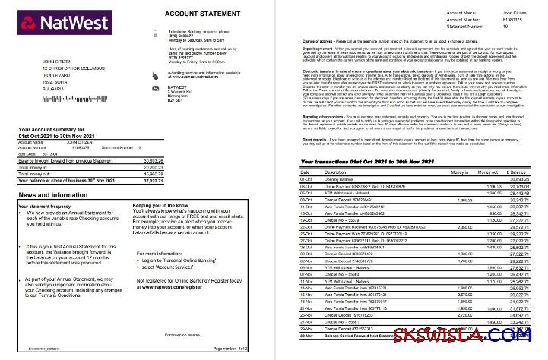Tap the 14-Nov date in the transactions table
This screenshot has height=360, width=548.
(x=308, y=287)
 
